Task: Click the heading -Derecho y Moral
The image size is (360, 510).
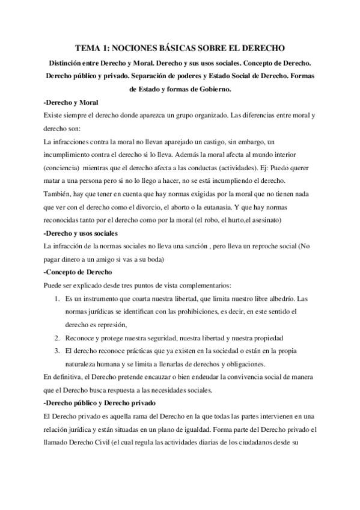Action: [x=72, y=102]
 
